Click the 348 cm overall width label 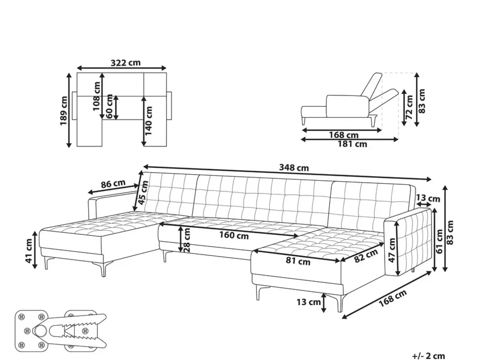(x=294, y=168)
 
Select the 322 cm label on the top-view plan (x=125, y=63)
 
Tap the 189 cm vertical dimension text (x=64, y=111)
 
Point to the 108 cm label (x=96, y=96)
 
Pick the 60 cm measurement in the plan (x=109, y=106)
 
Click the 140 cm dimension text (x=148, y=121)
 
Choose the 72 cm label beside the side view (x=409, y=107)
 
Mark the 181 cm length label (x=353, y=144)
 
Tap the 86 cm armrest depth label (x=113, y=184)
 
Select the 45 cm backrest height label (x=143, y=193)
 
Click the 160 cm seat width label (x=234, y=235)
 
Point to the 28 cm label (x=187, y=240)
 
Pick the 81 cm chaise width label (x=298, y=261)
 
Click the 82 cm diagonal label (x=366, y=256)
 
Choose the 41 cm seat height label (x=29, y=251)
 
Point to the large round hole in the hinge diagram (x=40, y=331)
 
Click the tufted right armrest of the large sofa (x=408, y=242)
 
